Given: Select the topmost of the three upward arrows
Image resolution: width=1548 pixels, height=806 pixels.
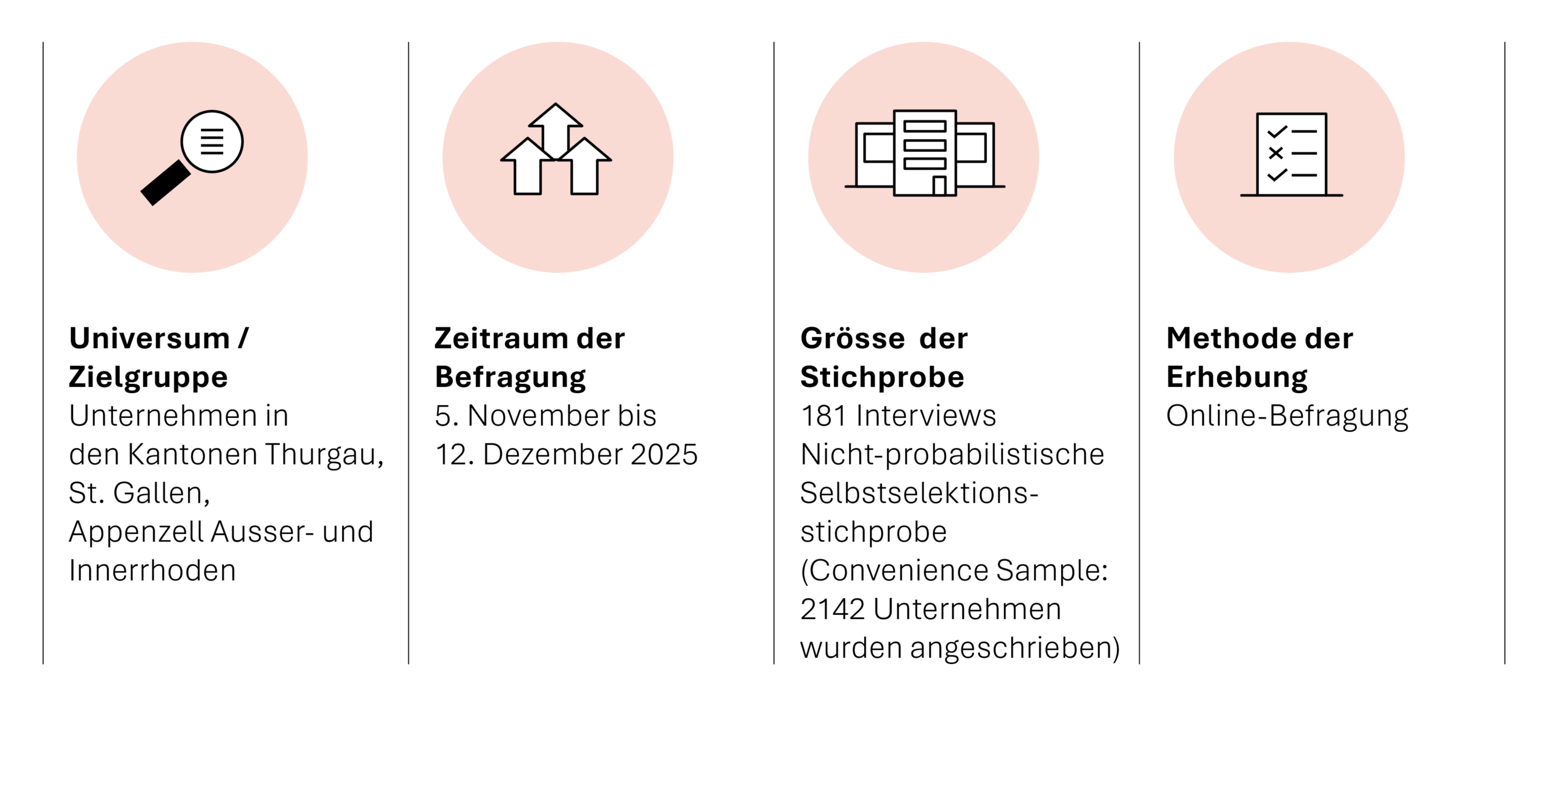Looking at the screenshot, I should coord(556,125).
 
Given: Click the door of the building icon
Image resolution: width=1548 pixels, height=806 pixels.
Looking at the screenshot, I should coord(939,186).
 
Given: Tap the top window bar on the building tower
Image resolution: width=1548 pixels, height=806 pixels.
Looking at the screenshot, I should coord(925,126).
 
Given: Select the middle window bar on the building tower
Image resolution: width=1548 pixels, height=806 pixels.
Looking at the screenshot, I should coord(925,145).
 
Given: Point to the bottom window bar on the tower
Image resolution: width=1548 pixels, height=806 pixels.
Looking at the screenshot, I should coord(925,164).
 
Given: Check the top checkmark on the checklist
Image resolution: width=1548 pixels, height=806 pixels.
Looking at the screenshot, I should coord(1276,131).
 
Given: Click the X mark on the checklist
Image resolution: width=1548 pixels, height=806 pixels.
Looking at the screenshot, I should coord(1275,153).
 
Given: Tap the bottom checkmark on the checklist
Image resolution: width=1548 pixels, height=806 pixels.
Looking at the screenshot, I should coord(1276,175).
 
